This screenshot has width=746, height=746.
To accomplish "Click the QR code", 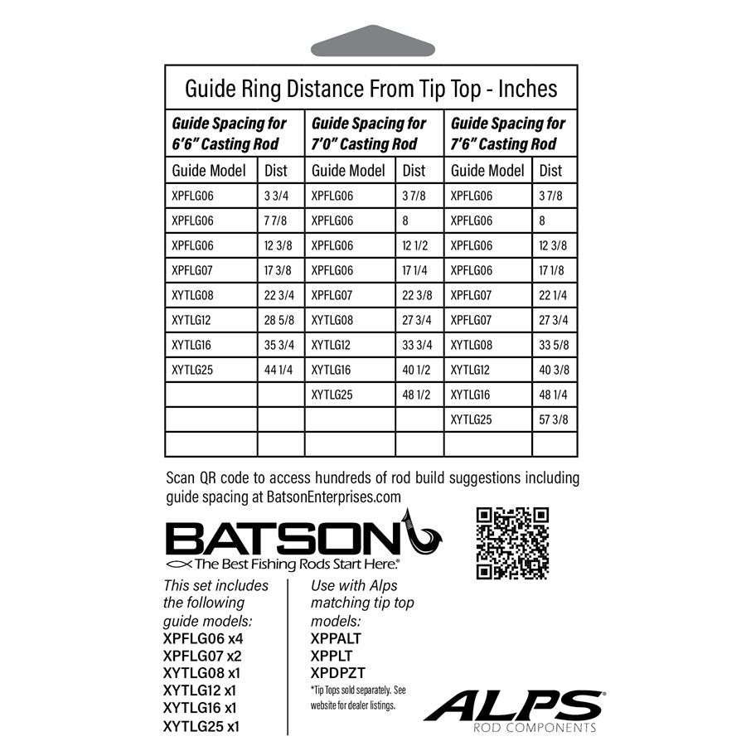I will tap(513, 543).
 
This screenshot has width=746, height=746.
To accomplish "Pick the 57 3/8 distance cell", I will tap(554, 419).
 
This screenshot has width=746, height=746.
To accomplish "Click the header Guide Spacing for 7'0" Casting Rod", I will tap(369, 133).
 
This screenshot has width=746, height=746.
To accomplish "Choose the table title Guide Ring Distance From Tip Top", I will tap(371, 88).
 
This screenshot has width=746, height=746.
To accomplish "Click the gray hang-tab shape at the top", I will tap(371, 40).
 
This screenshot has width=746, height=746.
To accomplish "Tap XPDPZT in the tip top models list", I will tap(338, 672).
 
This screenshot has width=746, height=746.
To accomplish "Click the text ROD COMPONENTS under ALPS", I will tap(545, 728).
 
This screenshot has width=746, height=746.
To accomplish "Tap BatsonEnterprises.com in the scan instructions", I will tap(333, 497).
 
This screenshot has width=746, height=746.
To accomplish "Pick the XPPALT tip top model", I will tap(336, 638).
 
